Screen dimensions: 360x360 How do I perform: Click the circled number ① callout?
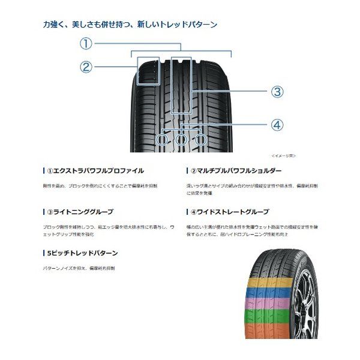(87, 43)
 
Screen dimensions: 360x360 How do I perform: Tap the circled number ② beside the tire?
(87, 67)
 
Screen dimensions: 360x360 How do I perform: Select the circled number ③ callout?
(276, 91)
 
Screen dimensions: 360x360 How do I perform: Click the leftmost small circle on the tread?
(162, 140)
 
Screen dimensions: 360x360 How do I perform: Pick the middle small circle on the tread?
(181, 140)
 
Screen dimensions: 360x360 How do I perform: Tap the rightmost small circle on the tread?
(200, 140)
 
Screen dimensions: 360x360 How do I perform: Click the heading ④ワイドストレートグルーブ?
(227, 212)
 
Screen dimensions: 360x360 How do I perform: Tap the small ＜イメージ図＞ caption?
(283, 155)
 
